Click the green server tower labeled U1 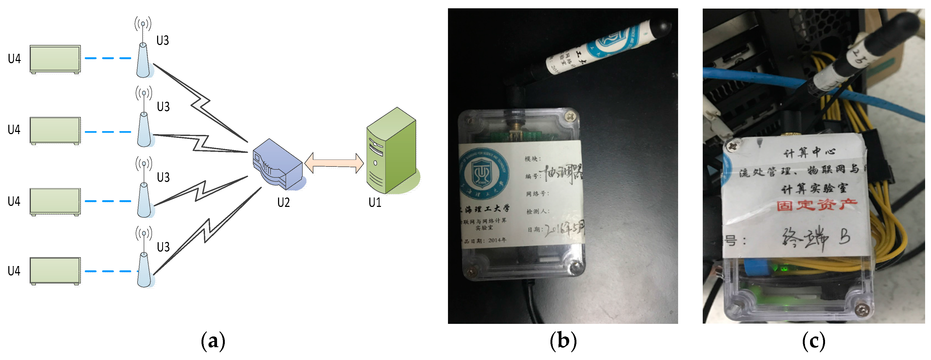coord(392,152)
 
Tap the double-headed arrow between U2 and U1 coord(334,163)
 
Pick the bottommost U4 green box coord(55,271)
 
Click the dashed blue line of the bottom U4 coord(108,271)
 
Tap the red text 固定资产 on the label coord(817,205)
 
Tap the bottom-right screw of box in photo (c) coord(862,309)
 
